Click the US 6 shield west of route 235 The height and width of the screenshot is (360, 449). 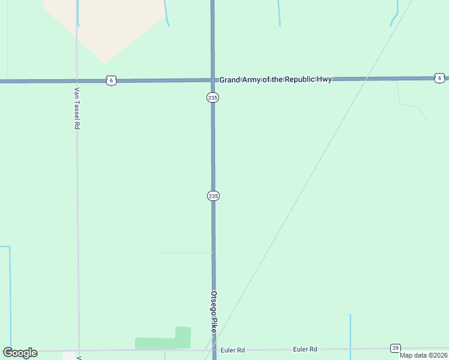tap(110, 80)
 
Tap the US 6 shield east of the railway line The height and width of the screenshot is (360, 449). tap(439, 78)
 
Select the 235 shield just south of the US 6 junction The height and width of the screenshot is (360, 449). tap(213, 97)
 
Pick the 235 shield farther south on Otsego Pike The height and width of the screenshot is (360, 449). tap(213, 196)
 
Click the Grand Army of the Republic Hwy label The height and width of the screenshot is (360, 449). tap(275, 79)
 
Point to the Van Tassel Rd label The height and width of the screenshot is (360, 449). tap(77, 109)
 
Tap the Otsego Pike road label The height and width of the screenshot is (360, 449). tap(213, 312)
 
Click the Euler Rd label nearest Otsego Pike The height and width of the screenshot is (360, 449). tap(233, 350)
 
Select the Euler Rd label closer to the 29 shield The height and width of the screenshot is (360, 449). tap(305, 349)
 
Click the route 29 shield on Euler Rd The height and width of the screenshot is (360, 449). tap(395, 348)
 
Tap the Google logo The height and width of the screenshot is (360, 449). tap(20, 353)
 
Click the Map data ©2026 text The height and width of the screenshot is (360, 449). tap(423, 355)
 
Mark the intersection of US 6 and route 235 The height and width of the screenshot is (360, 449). tap(212, 79)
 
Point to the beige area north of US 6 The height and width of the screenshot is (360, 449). tap(105, 27)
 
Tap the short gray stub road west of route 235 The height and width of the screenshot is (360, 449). tap(186, 253)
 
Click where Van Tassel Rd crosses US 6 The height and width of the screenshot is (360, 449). tap(77, 80)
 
